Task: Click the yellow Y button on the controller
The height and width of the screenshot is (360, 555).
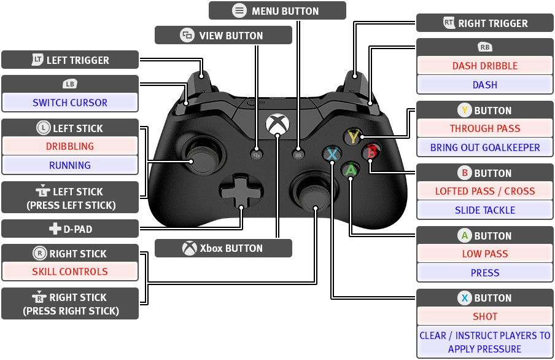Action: pos(353,136)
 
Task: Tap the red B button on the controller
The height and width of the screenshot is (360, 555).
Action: pos(371,152)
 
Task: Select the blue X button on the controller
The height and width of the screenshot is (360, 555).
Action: pos(332,154)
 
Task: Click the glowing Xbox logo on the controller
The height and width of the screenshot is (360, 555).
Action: pos(277,125)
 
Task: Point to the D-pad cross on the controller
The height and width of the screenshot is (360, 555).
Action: pos(241,192)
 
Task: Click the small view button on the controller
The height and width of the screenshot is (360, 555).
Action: pos(257,155)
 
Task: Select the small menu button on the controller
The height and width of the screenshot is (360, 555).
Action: pos(298,155)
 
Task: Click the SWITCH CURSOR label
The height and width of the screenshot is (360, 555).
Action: pos(70,103)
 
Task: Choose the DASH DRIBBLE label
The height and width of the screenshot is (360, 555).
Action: pos(485,66)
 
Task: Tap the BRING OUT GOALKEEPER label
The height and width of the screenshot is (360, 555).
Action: pos(485,147)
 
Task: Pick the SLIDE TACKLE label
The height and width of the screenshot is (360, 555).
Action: pos(485,210)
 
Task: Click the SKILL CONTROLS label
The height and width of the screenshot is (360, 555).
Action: pos(70,272)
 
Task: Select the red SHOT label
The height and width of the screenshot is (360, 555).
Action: pos(485,316)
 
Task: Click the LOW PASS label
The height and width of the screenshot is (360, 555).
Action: pos(485,254)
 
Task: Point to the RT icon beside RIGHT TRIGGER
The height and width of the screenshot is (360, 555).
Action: pos(449,23)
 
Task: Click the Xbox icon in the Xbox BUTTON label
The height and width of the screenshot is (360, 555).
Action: pos(189,248)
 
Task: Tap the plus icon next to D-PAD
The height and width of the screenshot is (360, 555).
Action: pos(55,229)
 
